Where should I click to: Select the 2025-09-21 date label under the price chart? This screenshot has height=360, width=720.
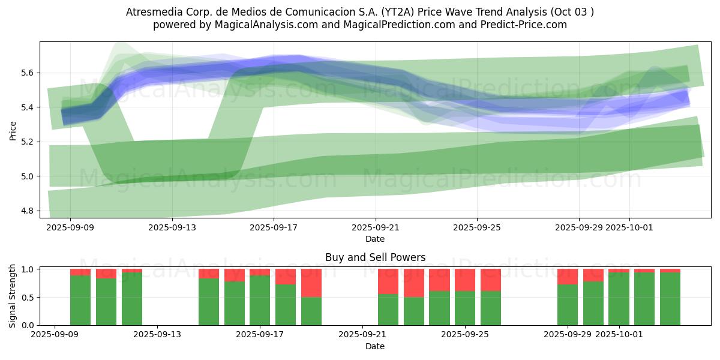[x=375, y=227]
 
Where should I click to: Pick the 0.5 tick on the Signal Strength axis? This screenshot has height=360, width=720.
[x=31, y=298]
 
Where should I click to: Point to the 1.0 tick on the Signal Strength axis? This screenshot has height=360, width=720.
[x=31, y=269]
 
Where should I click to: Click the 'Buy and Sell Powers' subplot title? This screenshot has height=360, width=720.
[x=375, y=257]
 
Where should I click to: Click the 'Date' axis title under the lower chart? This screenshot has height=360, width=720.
[x=375, y=346]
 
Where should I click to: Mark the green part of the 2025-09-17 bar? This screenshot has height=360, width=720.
[x=260, y=300]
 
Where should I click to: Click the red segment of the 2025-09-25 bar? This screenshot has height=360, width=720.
[x=465, y=280]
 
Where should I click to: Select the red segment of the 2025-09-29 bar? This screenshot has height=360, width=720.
[x=568, y=276]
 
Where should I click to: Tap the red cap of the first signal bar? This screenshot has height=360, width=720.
[x=80, y=272]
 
